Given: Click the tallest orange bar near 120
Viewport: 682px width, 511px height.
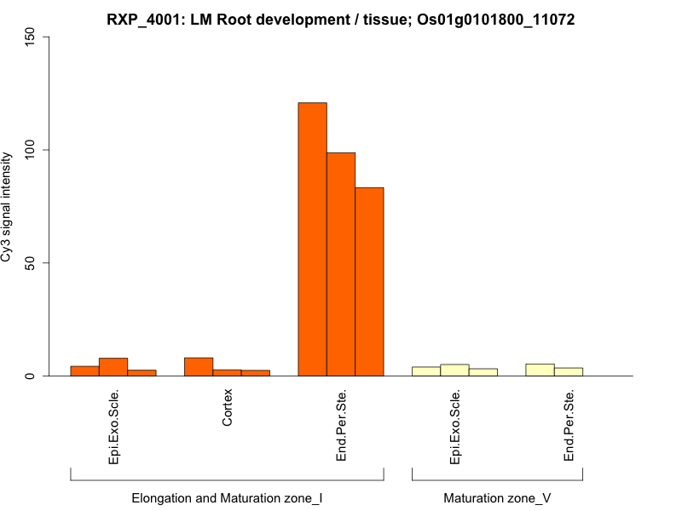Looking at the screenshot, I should click(x=312, y=238).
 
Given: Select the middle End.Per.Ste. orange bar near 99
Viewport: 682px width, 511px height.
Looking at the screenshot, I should click(x=341, y=264).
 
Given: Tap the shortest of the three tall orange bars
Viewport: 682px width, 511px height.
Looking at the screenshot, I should click(x=369, y=281).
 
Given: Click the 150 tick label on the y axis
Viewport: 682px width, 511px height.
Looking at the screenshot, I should click(x=32, y=37).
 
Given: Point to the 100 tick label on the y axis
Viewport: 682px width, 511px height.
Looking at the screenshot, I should click(x=32, y=150).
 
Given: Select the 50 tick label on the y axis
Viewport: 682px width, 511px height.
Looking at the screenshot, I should click(x=32, y=263).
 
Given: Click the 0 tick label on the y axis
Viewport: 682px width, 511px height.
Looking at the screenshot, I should click(x=32, y=376).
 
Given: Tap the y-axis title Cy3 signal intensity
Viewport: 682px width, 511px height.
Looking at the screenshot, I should click(x=8, y=207).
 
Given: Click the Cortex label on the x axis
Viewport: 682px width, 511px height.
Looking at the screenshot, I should click(x=227, y=409).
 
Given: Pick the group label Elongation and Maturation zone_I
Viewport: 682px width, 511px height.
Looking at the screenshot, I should click(x=227, y=497).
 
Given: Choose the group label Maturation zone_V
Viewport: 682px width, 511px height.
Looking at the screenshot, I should click(x=497, y=497).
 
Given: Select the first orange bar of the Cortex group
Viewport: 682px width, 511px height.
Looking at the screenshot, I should click(x=199, y=367).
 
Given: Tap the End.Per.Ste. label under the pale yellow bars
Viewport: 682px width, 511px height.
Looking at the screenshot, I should click(x=569, y=426).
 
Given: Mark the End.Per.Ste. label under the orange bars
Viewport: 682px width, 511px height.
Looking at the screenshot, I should click(x=341, y=426).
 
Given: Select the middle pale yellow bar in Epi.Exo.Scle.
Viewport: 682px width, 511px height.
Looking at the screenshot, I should click(x=454, y=370).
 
